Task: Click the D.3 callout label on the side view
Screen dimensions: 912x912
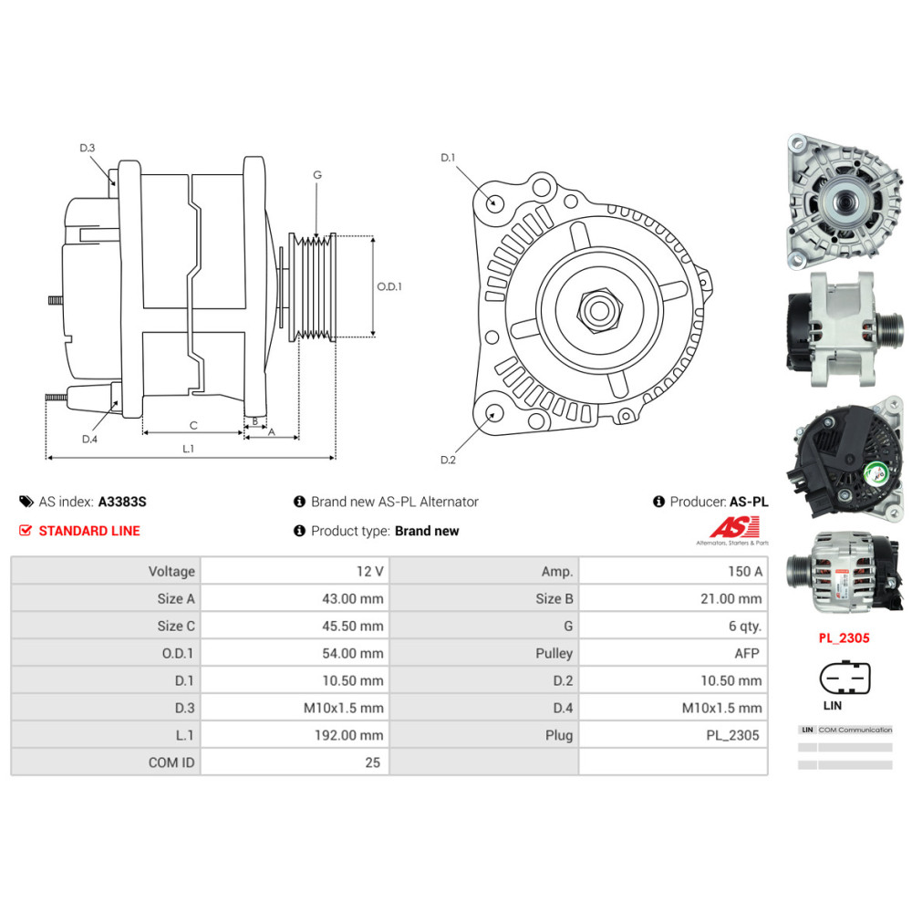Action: pyautogui.click(x=88, y=148)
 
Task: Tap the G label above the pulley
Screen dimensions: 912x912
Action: pyautogui.click(x=317, y=175)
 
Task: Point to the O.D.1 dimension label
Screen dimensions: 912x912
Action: pyautogui.click(x=389, y=286)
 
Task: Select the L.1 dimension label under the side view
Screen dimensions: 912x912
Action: pyautogui.click(x=188, y=449)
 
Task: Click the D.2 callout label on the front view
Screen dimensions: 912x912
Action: pyautogui.click(x=448, y=460)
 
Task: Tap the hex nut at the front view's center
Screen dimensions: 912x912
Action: pyautogui.click(x=600, y=310)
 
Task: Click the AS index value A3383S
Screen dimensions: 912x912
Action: pyautogui.click(x=122, y=502)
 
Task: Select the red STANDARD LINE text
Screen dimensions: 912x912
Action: pyautogui.click(x=89, y=531)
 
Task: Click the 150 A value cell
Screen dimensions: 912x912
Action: pyautogui.click(x=673, y=571)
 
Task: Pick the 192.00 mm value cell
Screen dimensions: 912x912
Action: pyautogui.click(x=295, y=735)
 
